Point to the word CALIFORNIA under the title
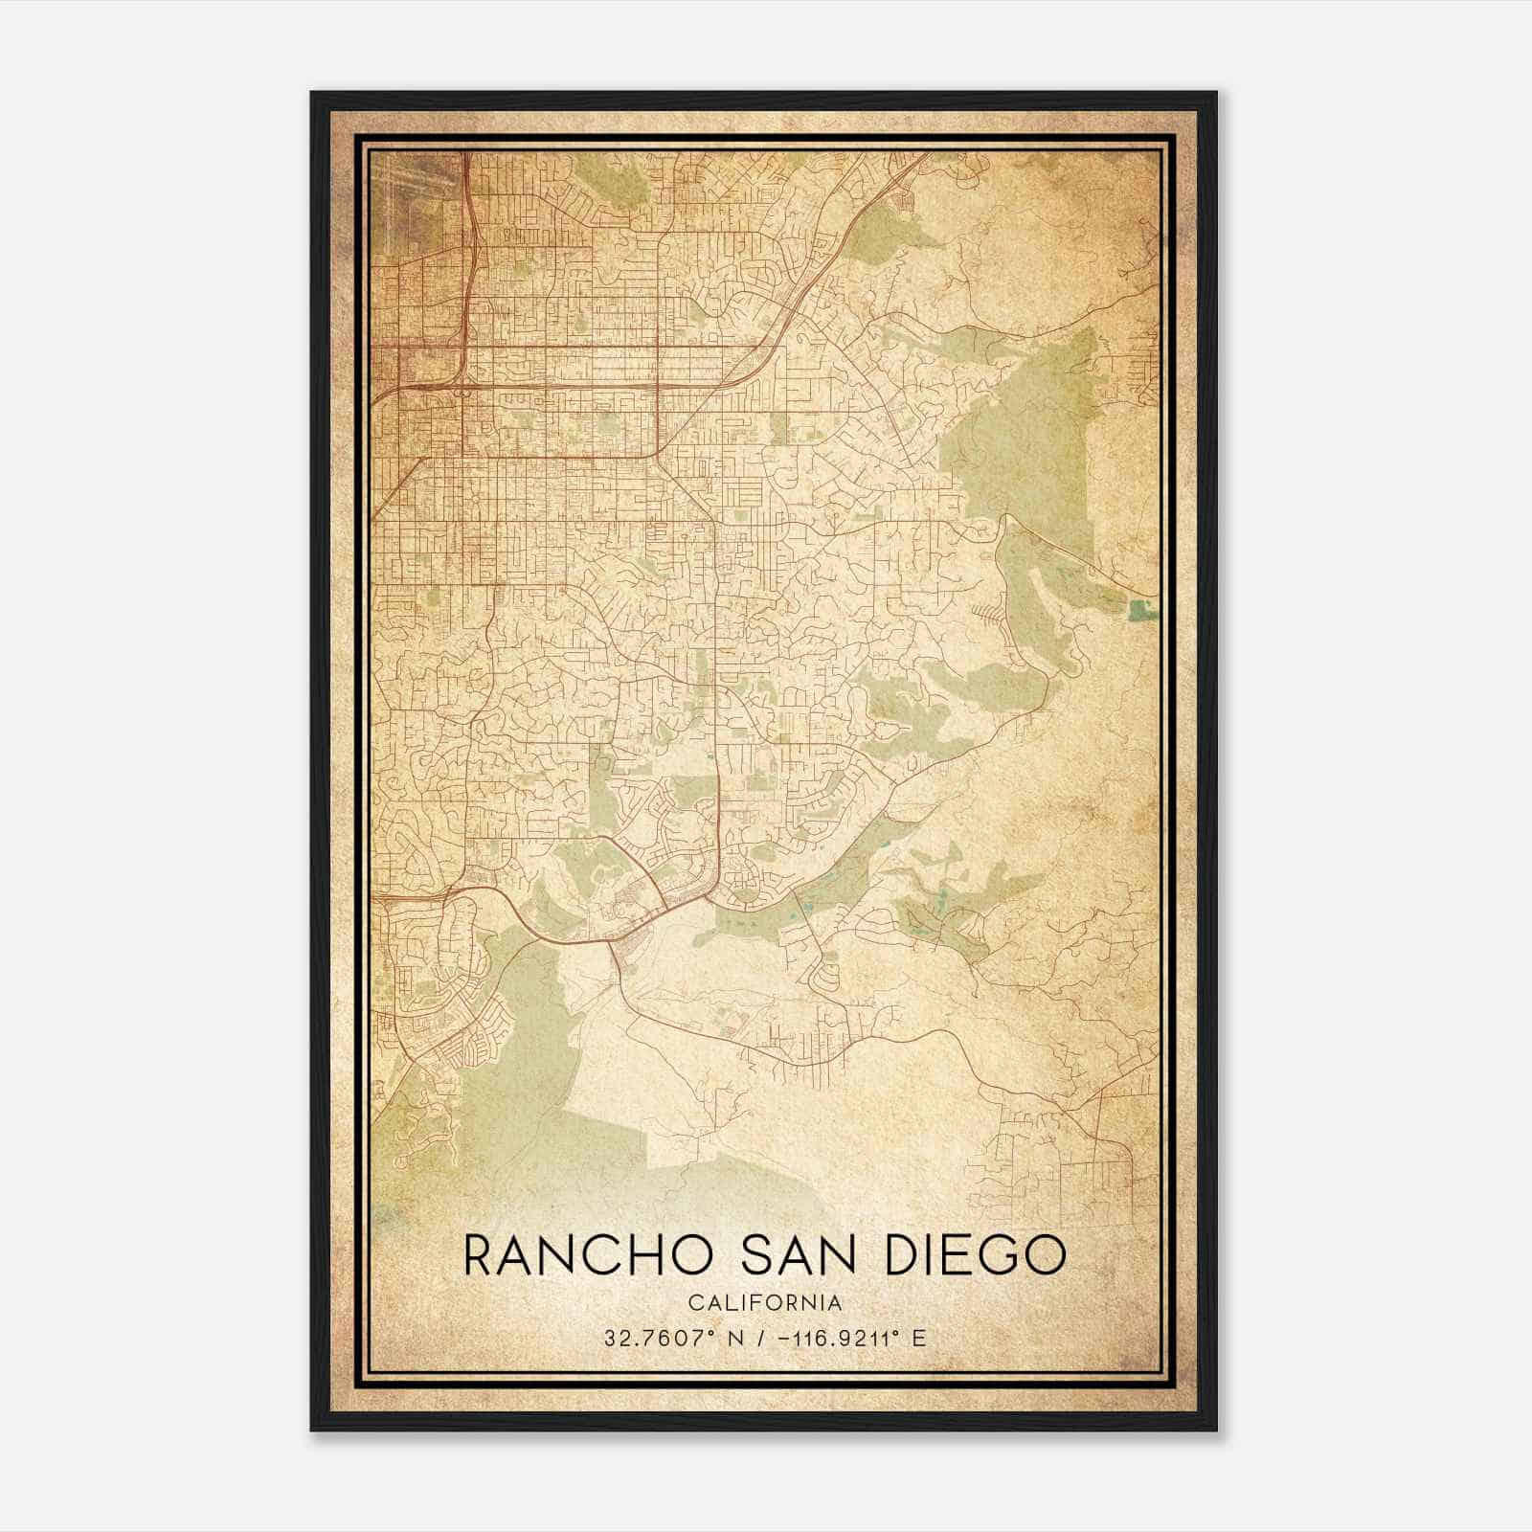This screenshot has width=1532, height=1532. coord(765,1302)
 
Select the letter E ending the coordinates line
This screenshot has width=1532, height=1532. coord(919,1339)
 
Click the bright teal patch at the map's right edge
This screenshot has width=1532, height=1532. coord(1138,608)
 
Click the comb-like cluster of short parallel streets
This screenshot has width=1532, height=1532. coord(989,613)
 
